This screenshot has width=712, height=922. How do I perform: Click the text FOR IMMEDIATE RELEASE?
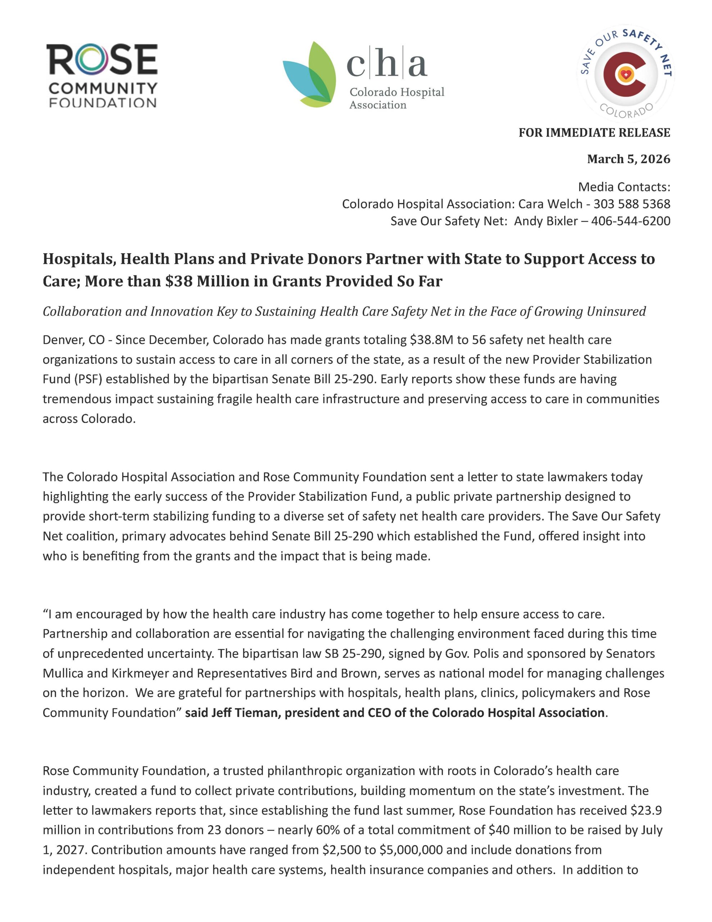point(594,133)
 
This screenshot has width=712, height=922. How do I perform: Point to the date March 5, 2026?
point(629,159)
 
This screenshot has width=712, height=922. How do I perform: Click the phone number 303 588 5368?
point(631,204)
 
